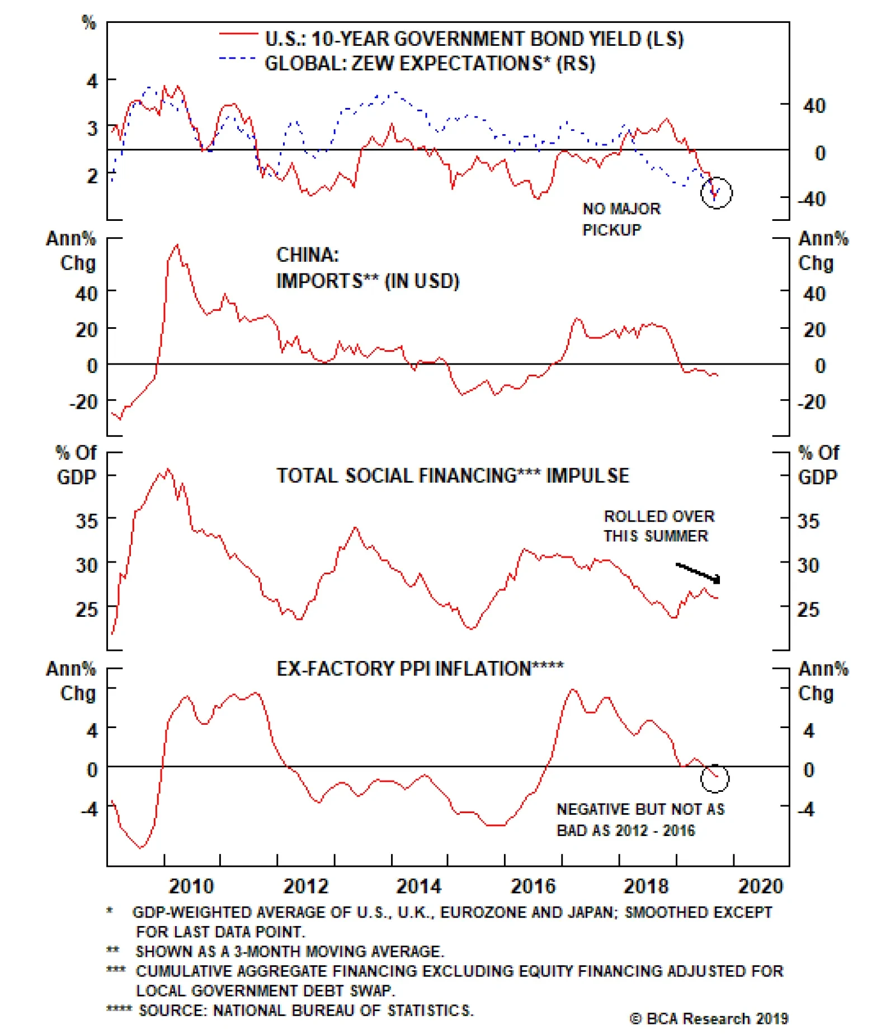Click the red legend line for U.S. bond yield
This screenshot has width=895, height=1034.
(239, 35)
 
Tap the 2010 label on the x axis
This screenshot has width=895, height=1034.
(191, 886)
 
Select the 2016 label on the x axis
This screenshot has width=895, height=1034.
(533, 886)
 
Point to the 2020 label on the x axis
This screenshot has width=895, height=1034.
(760, 886)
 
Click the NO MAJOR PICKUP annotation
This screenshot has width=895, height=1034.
(621, 219)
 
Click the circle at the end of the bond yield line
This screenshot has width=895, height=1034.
(717, 193)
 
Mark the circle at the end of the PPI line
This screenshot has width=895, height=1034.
(715, 778)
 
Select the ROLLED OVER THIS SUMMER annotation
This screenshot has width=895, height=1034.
(658, 526)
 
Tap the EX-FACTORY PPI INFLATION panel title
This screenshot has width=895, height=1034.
(420, 669)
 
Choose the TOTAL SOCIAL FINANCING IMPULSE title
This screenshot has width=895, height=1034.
(453, 476)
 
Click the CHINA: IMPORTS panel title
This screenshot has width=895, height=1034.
(367, 268)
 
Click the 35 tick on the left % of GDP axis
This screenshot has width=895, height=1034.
(87, 521)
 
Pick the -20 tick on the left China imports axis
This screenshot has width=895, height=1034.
(83, 402)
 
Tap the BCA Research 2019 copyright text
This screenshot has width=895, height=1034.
(709, 1018)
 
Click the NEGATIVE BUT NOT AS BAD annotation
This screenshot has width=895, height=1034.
(640, 820)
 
